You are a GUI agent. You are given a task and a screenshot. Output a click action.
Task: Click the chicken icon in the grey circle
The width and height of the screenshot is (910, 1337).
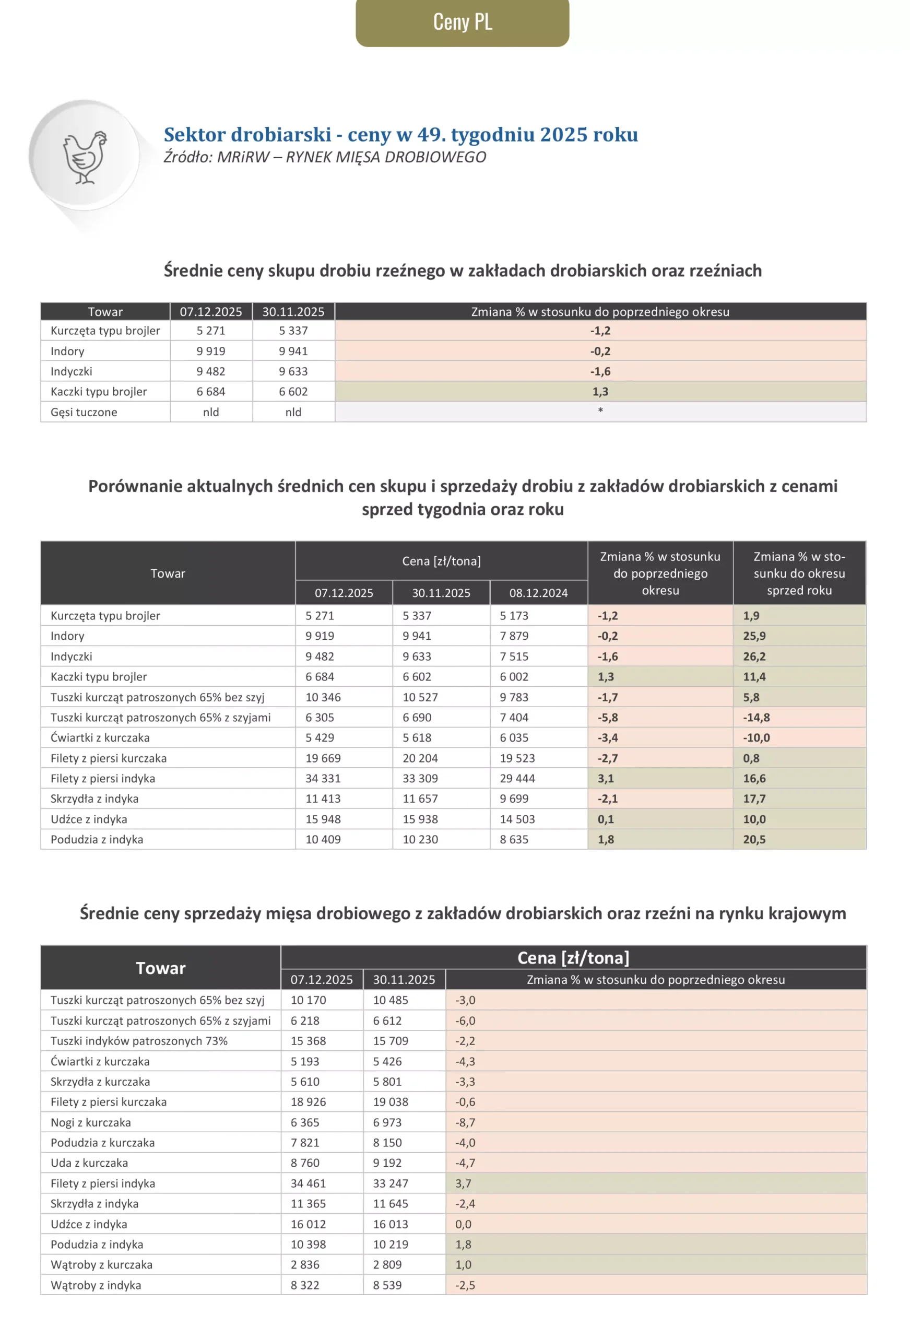click(x=85, y=158)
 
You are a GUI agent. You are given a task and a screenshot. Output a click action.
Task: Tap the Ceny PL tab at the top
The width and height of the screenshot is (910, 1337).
click(x=462, y=22)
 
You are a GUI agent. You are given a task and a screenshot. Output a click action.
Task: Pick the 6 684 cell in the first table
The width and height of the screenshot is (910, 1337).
click(x=210, y=392)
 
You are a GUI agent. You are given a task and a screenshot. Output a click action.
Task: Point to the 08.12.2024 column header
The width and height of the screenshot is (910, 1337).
click(x=538, y=593)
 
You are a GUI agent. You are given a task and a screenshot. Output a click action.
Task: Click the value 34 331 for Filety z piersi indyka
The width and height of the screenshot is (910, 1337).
click(x=323, y=778)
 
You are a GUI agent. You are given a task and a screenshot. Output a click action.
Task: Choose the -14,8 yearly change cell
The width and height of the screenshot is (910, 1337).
click(x=756, y=718)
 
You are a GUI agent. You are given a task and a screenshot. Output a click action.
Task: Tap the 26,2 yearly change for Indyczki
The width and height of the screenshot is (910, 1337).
click(x=753, y=656)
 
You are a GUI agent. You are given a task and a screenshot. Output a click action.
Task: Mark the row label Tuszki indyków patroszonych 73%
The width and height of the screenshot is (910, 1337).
click(x=139, y=1041)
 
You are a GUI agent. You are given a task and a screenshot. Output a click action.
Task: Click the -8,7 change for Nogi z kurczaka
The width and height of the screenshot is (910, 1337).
click(x=465, y=1122)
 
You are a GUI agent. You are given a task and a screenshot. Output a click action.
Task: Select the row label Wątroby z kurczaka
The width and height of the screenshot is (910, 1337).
click(x=102, y=1264)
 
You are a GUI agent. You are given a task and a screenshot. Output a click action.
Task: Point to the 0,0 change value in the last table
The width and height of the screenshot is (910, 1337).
click(x=463, y=1224)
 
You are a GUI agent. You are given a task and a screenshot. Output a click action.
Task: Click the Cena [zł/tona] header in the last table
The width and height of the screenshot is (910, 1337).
click(x=573, y=958)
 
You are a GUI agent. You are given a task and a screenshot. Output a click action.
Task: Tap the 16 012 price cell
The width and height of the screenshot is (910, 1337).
click(x=309, y=1224)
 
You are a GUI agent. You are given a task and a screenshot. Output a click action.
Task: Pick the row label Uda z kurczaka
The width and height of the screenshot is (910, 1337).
click(x=89, y=1163)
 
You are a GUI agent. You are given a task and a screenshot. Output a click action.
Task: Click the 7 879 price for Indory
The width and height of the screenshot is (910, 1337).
click(x=514, y=636)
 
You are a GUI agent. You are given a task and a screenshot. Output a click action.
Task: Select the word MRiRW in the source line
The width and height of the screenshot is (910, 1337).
click(x=243, y=157)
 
